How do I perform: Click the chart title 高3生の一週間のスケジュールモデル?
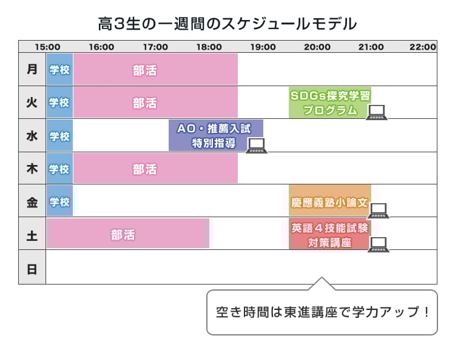(227, 24)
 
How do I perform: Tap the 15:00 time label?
(47, 47)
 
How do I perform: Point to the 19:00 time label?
(263, 47)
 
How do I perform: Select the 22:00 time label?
(423, 47)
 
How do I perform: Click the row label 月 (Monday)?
(32, 69)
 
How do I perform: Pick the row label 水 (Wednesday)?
(32, 135)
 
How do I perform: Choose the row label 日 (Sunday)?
(32, 268)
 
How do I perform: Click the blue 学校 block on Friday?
(59, 201)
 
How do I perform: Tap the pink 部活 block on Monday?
(155, 69)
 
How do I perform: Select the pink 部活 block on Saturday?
(128, 234)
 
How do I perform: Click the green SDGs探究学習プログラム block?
(329, 103)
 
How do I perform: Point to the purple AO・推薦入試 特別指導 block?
(215, 135)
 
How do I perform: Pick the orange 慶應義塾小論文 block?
(329, 201)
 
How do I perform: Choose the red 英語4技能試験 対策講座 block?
(329, 234)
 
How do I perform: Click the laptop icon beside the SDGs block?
(377, 112)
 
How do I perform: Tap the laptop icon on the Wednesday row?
(256, 145)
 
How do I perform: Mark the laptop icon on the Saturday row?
(379, 244)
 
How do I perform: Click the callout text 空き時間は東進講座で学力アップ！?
(322, 312)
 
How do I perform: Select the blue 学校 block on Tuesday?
(59, 103)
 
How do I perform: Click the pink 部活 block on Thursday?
(155, 168)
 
